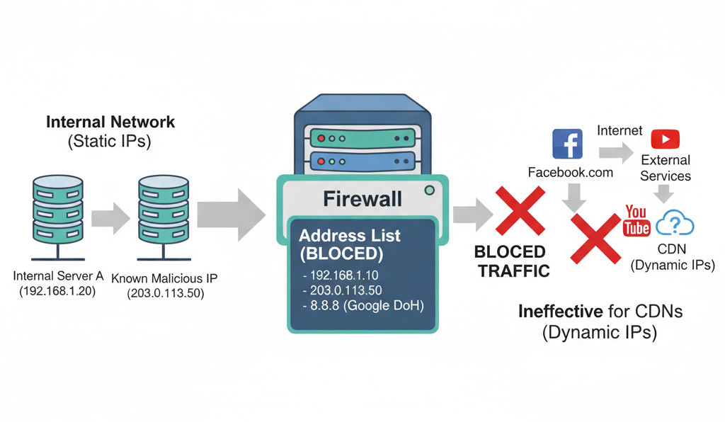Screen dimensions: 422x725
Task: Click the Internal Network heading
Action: (110, 122)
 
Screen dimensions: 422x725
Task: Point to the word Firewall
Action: (362, 199)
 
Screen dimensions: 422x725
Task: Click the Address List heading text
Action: (350, 236)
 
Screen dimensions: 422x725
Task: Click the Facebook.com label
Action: (571, 173)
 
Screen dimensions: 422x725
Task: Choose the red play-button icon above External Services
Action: (665, 139)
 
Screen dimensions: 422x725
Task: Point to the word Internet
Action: (620, 130)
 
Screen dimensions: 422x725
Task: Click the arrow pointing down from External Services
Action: (665, 193)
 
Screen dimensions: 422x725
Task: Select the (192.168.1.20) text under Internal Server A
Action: (57, 292)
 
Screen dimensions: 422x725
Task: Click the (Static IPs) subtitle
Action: (110, 141)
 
